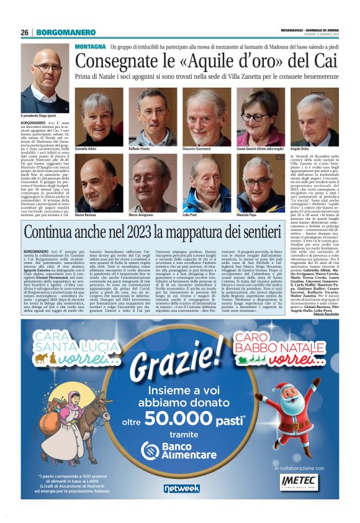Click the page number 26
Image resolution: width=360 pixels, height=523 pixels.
(x=25, y=33)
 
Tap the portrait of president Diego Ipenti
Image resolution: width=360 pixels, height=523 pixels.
(x=45, y=78)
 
